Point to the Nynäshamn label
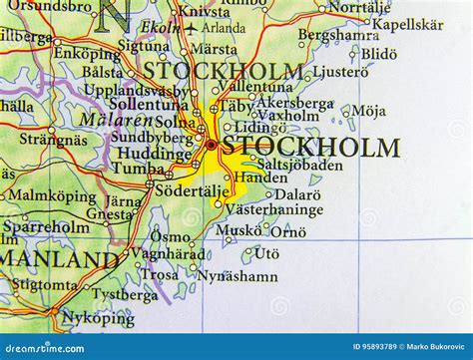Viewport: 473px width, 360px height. pyautogui.click(x=236, y=275)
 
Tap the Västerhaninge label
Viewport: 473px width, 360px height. pyautogui.click(x=273, y=209)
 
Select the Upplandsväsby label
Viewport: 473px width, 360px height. pyautogui.click(x=135, y=90)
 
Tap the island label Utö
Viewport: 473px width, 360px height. pyautogui.click(x=266, y=254)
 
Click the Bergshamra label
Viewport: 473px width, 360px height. pyautogui.click(x=337, y=34)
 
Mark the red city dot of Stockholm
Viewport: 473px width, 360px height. pyautogui.click(x=211, y=146)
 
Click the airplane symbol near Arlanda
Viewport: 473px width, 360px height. pyautogui.click(x=191, y=29)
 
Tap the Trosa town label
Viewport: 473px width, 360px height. pyautogui.click(x=160, y=274)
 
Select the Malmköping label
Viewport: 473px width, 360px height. pyautogui.click(x=52, y=195)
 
